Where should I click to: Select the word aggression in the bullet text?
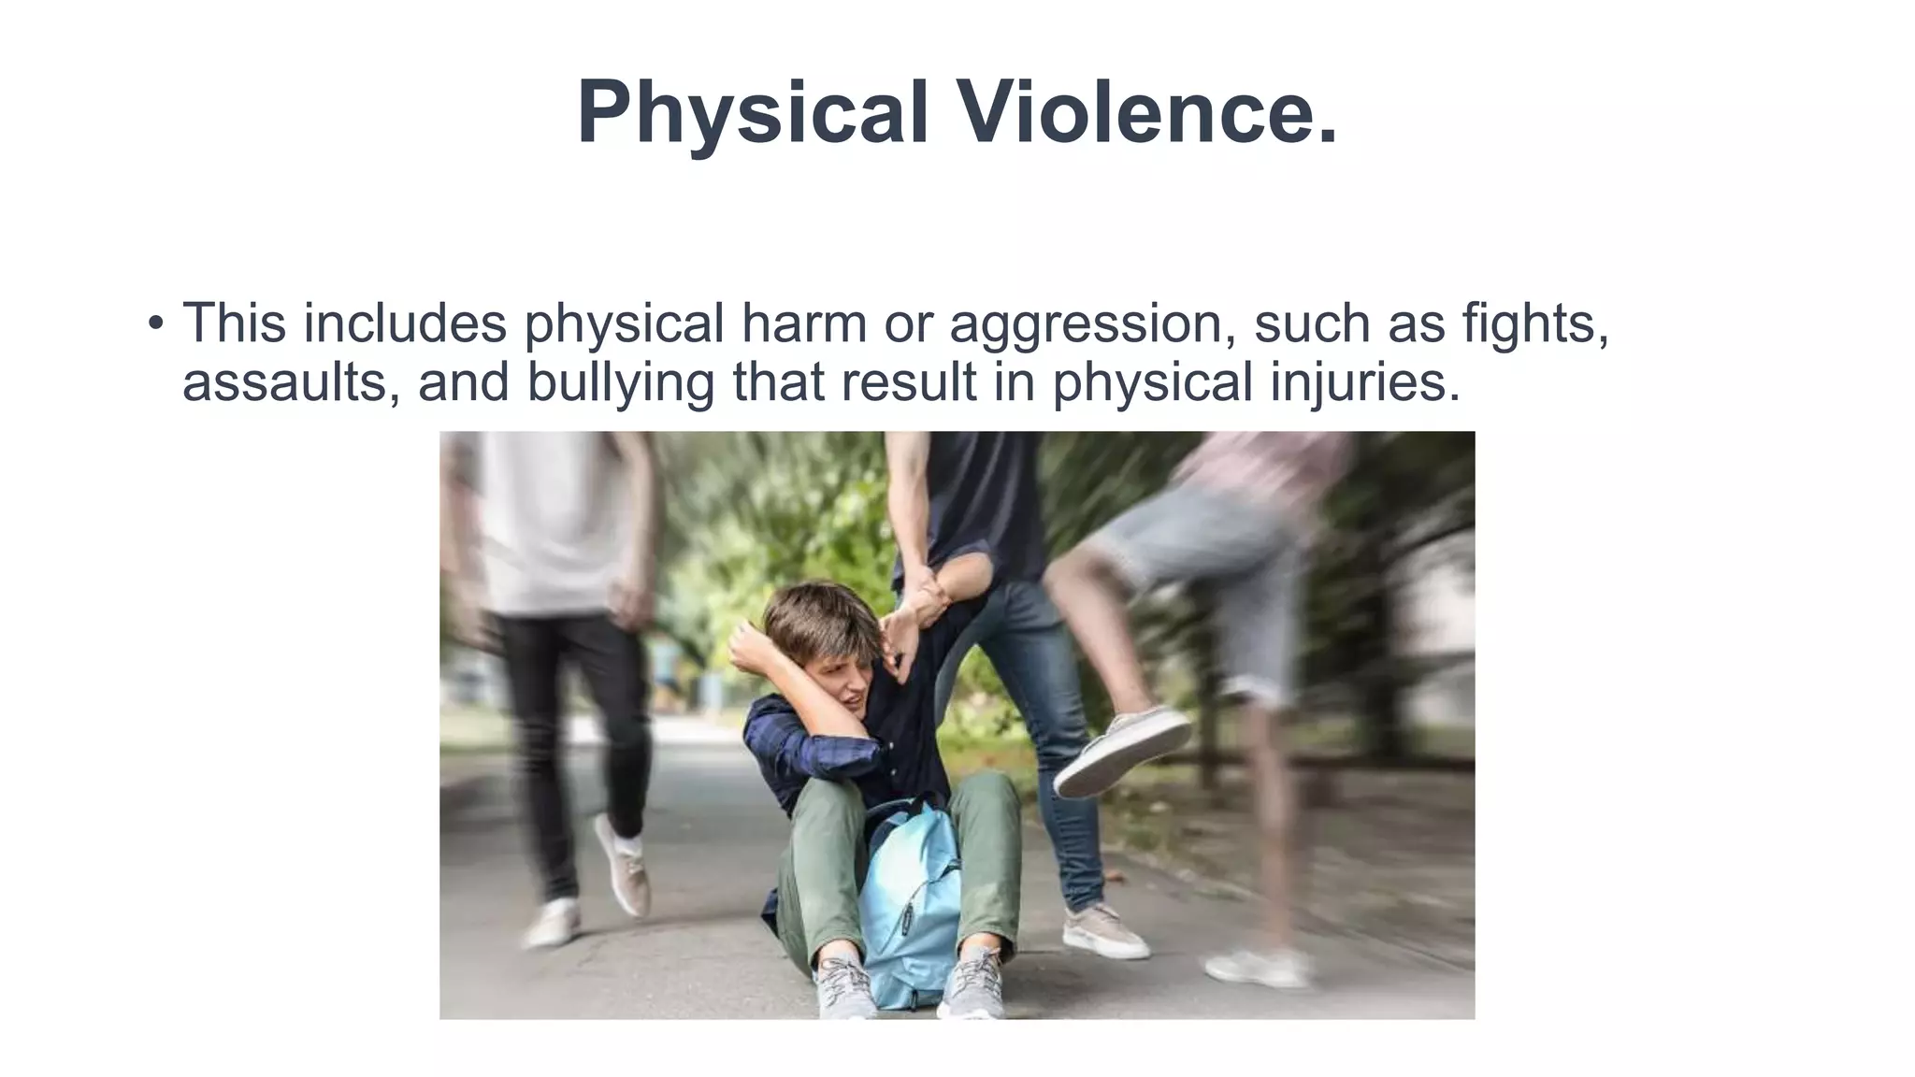(x=1086, y=324)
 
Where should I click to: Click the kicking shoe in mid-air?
(x=1122, y=748)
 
